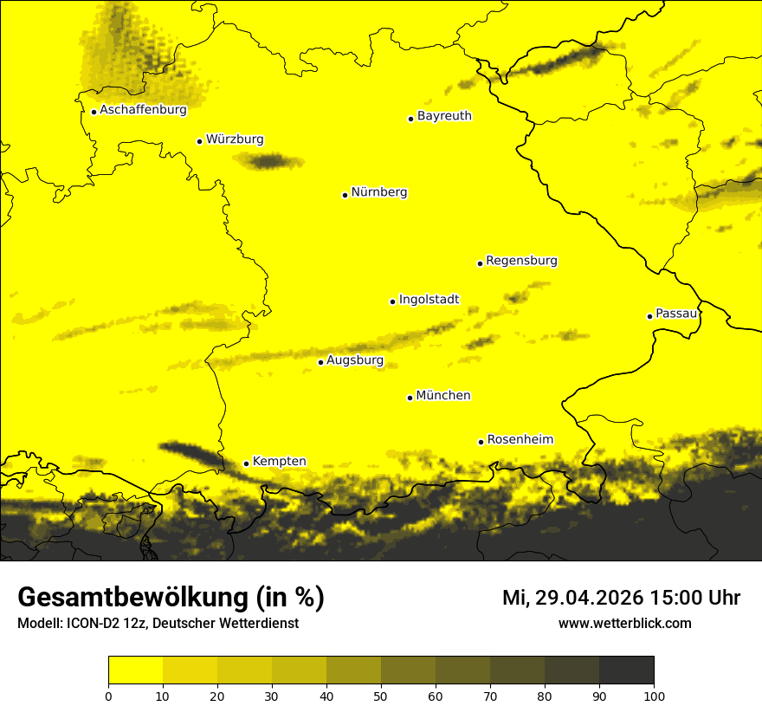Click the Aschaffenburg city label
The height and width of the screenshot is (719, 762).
(143, 110)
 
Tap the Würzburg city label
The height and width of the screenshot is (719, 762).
(235, 139)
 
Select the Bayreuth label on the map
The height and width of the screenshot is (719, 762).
(444, 116)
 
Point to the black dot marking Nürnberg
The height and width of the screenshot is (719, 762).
(345, 195)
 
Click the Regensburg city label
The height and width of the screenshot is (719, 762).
(521, 261)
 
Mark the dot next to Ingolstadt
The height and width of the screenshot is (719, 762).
(392, 301)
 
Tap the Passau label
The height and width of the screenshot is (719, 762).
(676, 314)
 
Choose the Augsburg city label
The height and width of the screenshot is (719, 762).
(355, 360)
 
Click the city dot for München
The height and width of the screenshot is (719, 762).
(410, 398)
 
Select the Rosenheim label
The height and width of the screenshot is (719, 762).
(520, 440)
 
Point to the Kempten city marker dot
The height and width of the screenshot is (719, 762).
(246, 463)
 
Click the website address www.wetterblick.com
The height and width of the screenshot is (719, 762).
(624, 624)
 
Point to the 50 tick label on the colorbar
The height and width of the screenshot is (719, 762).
(381, 696)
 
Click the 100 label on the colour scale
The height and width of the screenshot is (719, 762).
(653, 696)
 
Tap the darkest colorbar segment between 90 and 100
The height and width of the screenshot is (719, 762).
(626, 670)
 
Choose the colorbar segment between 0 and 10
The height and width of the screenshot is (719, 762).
(135, 670)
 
